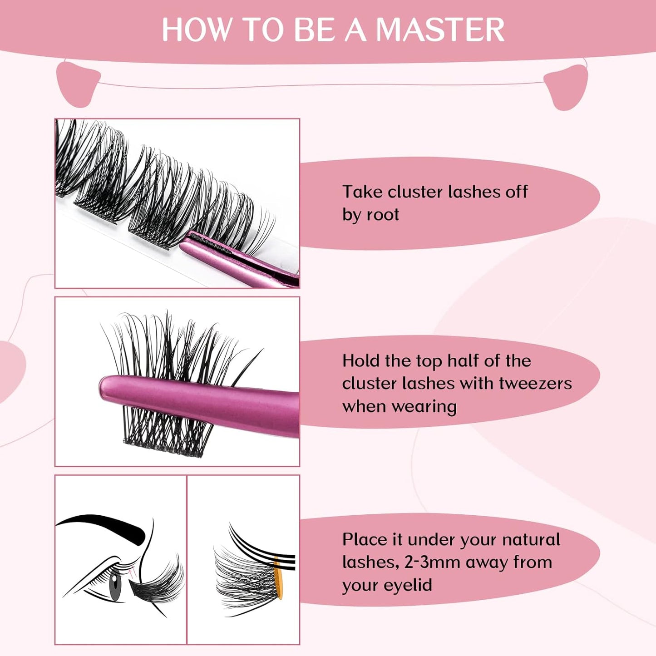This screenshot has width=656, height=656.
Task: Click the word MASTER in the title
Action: pos(440,30)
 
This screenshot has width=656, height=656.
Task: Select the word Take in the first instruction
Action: pos(362,192)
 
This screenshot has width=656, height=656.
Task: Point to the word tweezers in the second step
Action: pos(535,384)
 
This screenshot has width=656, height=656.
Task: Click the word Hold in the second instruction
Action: pos(361,361)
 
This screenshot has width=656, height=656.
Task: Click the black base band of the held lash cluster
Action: pos(163,449)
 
